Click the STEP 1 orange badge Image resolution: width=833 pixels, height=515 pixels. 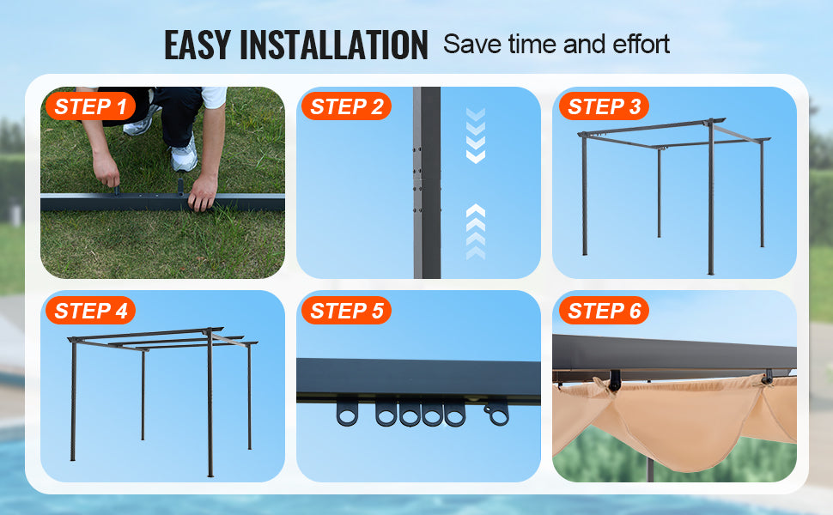click(x=90, y=106)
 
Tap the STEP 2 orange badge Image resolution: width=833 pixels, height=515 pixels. click(x=346, y=106)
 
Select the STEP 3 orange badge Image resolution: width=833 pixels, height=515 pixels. click(x=604, y=106)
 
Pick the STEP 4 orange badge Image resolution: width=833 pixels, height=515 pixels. click(x=90, y=310)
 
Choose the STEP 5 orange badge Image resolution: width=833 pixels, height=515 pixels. click(x=346, y=310)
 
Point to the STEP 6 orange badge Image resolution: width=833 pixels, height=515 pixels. click(x=604, y=310)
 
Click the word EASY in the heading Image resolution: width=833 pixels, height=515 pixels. click(x=198, y=45)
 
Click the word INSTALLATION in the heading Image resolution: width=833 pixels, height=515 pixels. click(x=333, y=45)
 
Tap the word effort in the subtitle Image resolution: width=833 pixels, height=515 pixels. click(x=641, y=44)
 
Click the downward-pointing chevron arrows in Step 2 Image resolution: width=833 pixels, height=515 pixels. click(x=476, y=136)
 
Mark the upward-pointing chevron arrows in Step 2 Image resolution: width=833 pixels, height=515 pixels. click(x=476, y=232)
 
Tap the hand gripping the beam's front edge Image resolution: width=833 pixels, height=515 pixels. click(x=203, y=192)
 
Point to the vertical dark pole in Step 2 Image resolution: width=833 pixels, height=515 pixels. click(x=427, y=182)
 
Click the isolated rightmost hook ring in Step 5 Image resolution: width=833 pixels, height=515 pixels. click(x=497, y=414)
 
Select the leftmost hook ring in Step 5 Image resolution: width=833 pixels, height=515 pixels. click(x=348, y=411)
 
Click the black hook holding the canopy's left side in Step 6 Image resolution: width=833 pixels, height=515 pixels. click(x=615, y=381)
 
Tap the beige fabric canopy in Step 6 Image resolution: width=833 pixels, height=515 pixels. click(x=675, y=420)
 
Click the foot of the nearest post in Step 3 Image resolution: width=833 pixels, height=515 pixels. click(x=711, y=272)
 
